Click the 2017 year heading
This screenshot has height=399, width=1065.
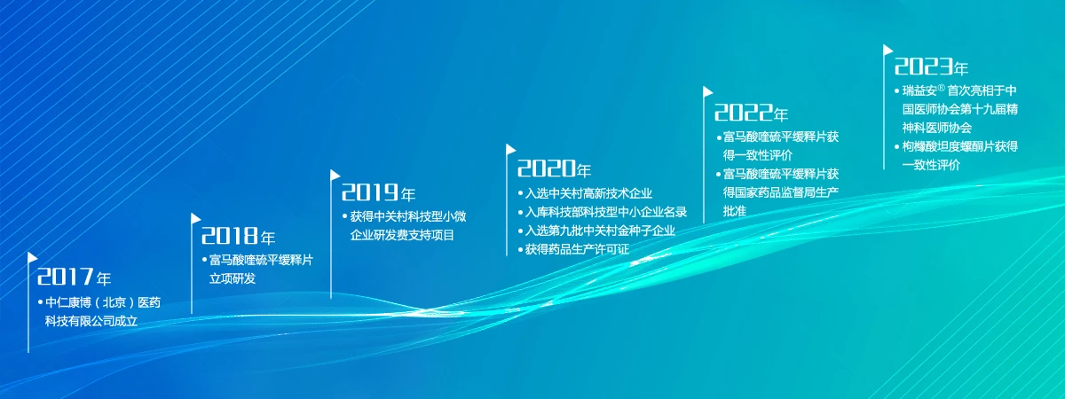pyautogui.click(x=75, y=277)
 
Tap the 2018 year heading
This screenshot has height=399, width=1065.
pyautogui.click(x=238, y=236)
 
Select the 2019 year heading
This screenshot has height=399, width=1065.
pyautogui.click(x=378, y=192)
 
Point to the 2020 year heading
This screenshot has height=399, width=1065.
pyautogui.click(x=555, y=168)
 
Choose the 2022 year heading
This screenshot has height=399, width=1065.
pyautogui.click(x=751, y=113)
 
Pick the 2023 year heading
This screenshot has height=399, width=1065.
pyautogui.click(x=931, y=66)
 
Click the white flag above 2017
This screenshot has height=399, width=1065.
pyautogui.click(x=32, y=257)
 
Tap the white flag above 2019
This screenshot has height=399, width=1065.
pyautogui.click(x=335, y=176)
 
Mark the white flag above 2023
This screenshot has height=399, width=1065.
pyautogui.click(x=887, y=50)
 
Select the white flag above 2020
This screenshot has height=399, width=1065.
pyautogui.click(x=510, y=150)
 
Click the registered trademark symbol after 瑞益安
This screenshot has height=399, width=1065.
pyautogui.click(x=941, y=88)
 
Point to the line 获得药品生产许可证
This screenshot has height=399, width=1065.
pyautogui.click(x=577, y=249)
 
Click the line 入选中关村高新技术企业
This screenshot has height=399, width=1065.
pyautogui.click(x=588, y=193)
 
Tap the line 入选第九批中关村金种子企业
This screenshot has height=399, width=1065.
pyautogui.click(x=600, y=231)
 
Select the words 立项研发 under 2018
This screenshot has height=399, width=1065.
pyautogui.click(x=233, y=278)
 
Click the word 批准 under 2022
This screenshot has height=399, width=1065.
pyautogui.click(x=735, y=211)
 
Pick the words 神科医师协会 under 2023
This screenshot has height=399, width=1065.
pyautogui.click(x=937, y=128)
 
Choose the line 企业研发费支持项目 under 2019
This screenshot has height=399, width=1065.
pyautogui.click(x=402, y=235)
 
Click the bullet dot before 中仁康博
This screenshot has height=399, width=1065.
pyautogui.click(x=41, y=302)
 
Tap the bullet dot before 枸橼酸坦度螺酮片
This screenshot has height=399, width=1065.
pyautogui.click(x=897, y=147)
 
